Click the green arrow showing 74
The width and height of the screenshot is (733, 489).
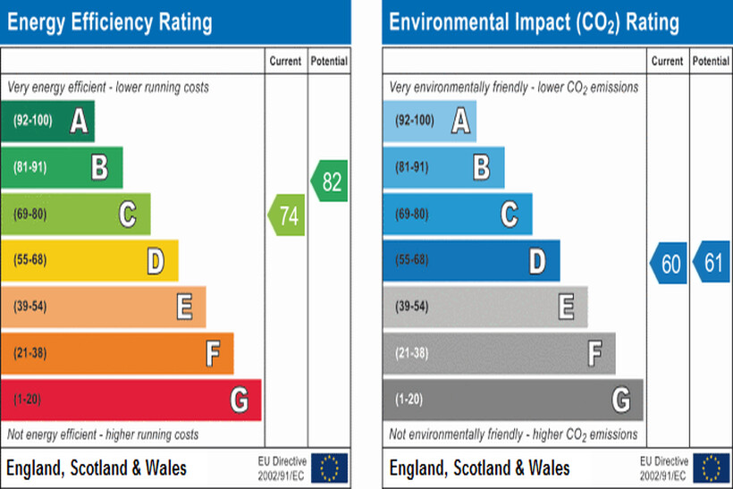(x=287, y=215)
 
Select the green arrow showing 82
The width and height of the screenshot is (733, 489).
(x=329, y=181)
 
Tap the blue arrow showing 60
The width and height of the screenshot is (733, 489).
(x=669, y=263)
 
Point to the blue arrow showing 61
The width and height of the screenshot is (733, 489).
(x=712, y=263)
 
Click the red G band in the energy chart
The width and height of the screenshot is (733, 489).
(x=131, y=400)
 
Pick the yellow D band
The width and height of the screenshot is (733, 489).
(x=89, y=260)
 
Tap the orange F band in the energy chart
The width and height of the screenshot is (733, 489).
(x=117, y=353)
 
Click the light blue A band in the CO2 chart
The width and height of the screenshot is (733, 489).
(x=429, y=121)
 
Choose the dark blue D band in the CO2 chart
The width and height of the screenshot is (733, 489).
(x=471, y=260)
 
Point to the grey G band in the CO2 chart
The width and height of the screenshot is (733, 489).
(x=512, y=400)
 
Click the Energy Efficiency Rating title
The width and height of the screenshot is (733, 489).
(x=110, y=21)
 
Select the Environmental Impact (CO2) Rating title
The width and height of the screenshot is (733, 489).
(x=535, y=21)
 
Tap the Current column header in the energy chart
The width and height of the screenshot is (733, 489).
(x=286, y=62)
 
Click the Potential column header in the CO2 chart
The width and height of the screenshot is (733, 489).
(x=711, y=62)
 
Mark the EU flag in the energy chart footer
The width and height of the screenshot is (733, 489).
(x=330, y=468)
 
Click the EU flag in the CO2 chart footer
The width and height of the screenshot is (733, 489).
(x=712, y=468)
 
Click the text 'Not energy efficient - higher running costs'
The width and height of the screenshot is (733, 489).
(x=104, y=435)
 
